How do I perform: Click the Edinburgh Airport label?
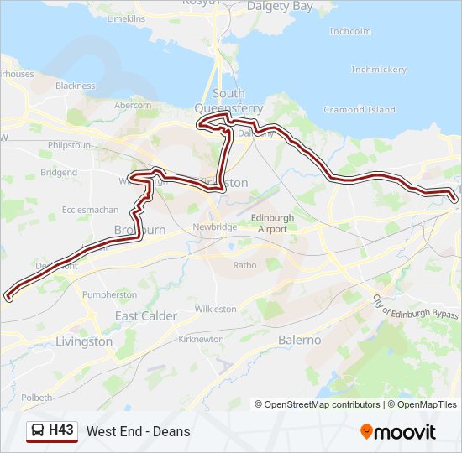click(x=273, y=223)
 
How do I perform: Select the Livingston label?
click(x=83, y=341)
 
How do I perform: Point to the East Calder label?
click(x=146, y=316)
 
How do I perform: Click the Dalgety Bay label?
click(x=280, y=6)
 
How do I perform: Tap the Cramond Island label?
click(x=360, y=110)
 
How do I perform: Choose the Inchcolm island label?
click(x=350, y=31)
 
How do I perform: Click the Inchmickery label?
click(x=378, y=70)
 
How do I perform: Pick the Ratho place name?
click(x=244, y=265)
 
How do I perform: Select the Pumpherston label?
click(x=110, y=295)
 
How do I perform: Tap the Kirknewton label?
click(x=201, y=339)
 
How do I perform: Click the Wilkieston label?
click(x=215, y=309)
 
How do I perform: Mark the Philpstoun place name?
click(x=69, y=145)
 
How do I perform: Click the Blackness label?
click(x=76, y=86)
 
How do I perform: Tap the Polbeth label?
click(x=36, y=398)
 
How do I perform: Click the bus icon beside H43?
click(x=38, y=431)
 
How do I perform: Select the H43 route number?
click(x=61, y=431)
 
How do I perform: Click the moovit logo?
click(x=398, y=432)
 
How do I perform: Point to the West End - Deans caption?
click(x=138, y=432)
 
